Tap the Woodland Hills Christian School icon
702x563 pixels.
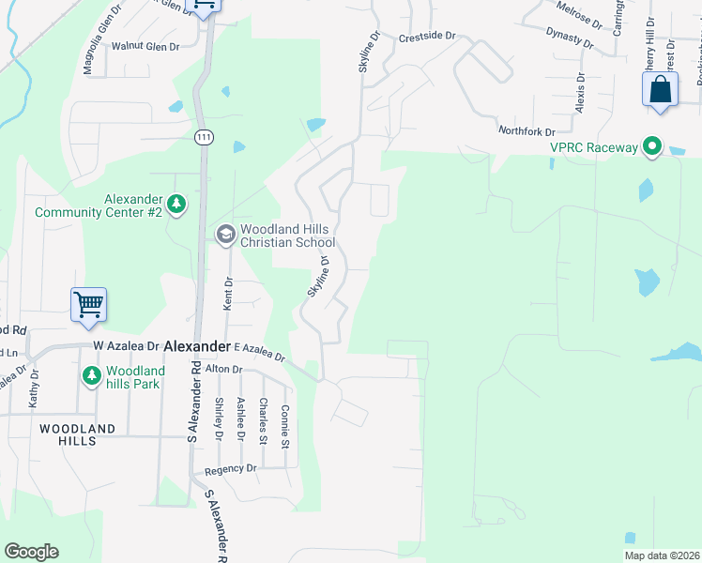(x=225, y=234)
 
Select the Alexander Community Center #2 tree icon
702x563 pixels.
(x=175, y=203)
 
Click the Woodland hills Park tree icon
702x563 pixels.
(x=91, y=376)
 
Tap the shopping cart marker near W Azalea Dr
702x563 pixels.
(x=88, y=304)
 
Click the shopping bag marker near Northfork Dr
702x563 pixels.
(x=660, y=91)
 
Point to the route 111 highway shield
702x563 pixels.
(x=204, y=137)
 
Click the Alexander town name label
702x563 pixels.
(x=196, y=346)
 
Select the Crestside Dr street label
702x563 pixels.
(x=426, y=37)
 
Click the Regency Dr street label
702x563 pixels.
(x=224, y=468)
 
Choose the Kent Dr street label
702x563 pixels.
(x=226, y=294)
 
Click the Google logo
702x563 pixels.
(x=31, y=552)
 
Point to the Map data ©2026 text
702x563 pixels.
(x=662, y=555)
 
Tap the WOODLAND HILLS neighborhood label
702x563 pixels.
(x=77, y=434)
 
